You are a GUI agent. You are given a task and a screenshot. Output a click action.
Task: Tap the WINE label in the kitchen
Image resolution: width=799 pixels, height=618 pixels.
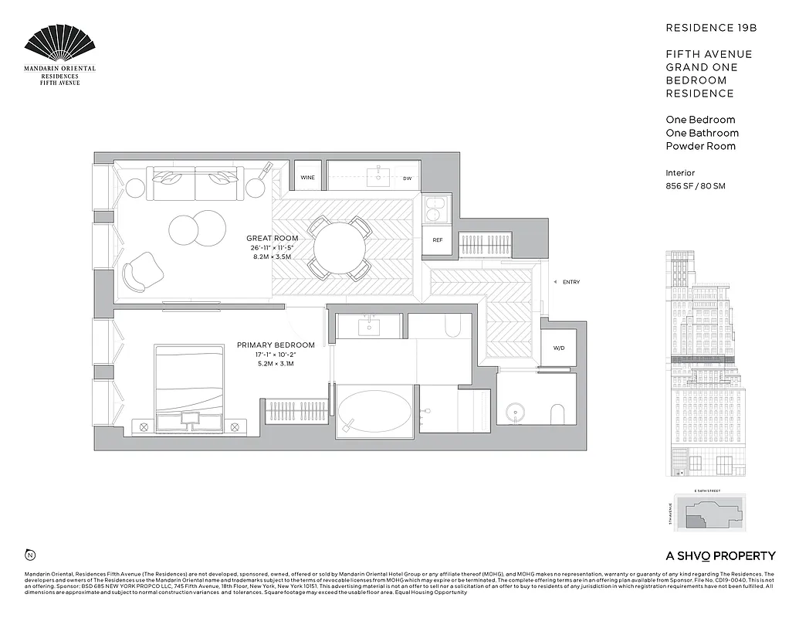307,178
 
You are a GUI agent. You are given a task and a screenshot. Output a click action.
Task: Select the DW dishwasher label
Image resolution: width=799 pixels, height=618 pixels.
407,178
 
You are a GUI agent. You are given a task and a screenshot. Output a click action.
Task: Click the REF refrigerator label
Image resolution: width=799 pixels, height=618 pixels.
437,240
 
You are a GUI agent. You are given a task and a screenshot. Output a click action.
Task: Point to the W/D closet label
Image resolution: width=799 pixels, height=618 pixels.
558,348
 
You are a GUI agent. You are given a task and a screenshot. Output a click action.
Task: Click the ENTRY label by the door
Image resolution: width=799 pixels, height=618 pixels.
570,282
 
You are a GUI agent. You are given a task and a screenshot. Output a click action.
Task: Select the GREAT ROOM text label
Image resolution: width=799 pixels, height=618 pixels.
272,238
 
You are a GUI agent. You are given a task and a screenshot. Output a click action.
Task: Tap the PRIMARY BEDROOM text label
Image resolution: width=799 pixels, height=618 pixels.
276,345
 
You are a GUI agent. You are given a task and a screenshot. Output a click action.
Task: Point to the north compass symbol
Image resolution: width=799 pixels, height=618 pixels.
30,555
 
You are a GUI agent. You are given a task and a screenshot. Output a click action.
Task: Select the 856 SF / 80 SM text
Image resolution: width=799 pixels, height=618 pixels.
696,186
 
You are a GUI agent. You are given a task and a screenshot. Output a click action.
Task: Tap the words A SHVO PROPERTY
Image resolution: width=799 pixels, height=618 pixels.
720,555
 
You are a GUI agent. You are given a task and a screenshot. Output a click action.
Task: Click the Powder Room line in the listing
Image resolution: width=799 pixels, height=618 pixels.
700,146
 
